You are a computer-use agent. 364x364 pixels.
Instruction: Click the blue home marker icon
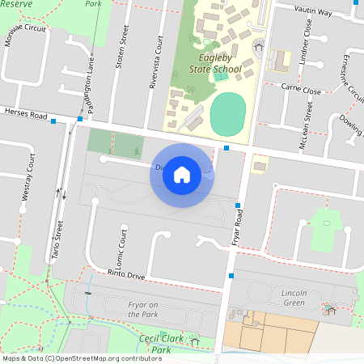[x=182, y=174]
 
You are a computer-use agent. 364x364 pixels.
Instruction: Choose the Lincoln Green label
[x=288, y=297]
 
